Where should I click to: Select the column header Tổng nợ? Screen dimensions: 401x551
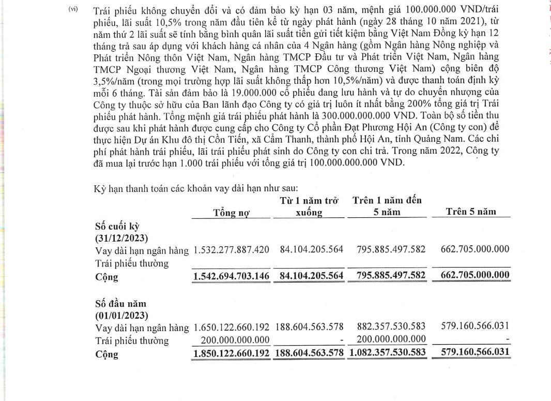(231, 212)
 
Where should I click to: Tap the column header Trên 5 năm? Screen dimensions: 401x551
(470, 212)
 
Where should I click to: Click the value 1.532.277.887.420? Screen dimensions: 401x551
(231, 250)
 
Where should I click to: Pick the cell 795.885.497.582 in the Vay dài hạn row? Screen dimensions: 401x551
(391, 250)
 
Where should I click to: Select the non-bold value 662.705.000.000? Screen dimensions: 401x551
(475, 250)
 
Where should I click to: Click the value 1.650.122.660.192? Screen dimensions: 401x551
(231, 327)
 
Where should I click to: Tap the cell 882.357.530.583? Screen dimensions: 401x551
(391, 327)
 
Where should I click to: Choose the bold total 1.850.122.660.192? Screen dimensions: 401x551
(231, 354)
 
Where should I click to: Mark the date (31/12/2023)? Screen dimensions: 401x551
(121, 238)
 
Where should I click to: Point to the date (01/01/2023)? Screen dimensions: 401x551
(121, 315)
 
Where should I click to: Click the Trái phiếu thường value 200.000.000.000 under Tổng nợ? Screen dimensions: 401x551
(235, 340)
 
